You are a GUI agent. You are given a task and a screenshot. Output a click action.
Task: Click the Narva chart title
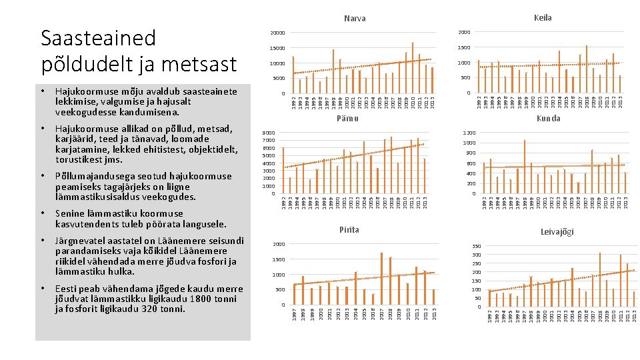355,18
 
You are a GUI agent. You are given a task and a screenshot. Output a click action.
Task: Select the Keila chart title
543,18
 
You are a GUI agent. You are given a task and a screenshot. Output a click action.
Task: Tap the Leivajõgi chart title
557,232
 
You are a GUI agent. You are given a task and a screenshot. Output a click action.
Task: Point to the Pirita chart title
349,229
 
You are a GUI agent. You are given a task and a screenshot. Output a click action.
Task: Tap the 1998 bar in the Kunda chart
525,167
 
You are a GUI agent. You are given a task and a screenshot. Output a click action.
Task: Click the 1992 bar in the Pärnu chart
283,170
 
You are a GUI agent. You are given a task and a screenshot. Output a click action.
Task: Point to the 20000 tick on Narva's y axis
277,33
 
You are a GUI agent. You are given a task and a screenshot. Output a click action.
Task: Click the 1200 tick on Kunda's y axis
469,133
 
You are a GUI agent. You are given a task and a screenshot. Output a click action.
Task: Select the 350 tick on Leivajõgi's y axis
475,247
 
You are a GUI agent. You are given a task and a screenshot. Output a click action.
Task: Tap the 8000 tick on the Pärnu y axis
267,133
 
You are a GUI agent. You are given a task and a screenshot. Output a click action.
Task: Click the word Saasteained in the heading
98,38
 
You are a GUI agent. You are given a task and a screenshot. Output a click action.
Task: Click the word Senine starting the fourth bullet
69,213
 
